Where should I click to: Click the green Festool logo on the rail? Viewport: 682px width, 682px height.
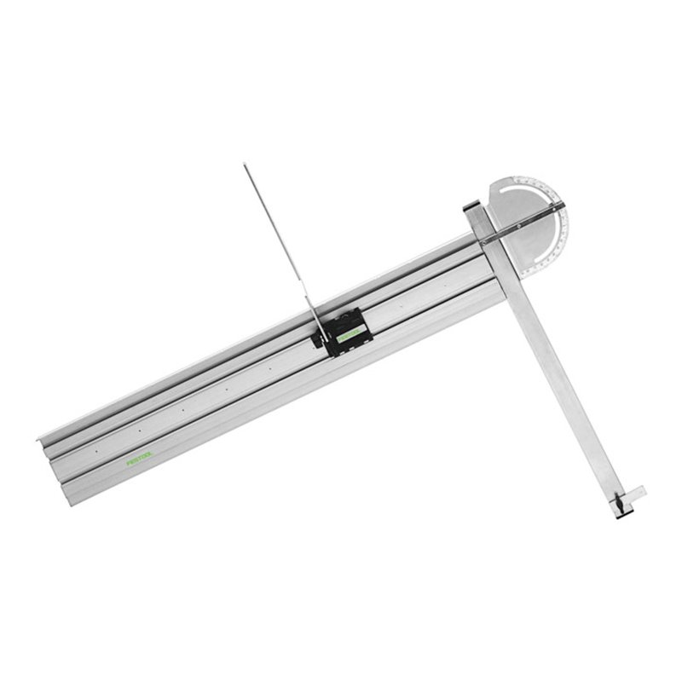pyautogui.click(x=139, y=459)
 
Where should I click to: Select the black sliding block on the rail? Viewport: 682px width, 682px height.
pyautogui.click(x=344, y=331)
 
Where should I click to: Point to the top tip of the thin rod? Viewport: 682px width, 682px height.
pyautogui.click(x=245, y=165)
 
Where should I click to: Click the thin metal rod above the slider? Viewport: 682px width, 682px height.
pyautogui.click(x=277, y=239)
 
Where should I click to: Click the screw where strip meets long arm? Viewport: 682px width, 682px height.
pyautogui.click(x=484, y=241)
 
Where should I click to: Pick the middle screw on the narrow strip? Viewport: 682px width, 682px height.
pyautogui.click(x=518, y=226)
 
